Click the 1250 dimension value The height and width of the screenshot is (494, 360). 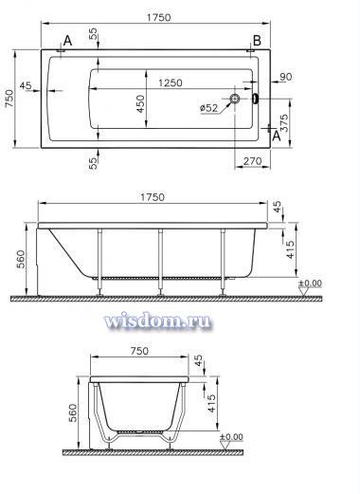coord(171,82)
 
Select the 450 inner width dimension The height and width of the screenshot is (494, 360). coord(140,103)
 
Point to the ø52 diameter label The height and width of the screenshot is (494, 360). coord(208,108)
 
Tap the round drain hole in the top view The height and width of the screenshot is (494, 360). coord(235,99)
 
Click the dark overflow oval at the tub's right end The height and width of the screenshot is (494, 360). coord(255,99)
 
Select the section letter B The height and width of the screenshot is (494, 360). coord(257,41)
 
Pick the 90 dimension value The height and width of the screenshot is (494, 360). coord(286,77)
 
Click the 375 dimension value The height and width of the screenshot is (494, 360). coord(284,123)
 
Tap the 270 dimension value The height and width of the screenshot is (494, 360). coord(253,161)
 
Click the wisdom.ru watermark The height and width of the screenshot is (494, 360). coord(157,321)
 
